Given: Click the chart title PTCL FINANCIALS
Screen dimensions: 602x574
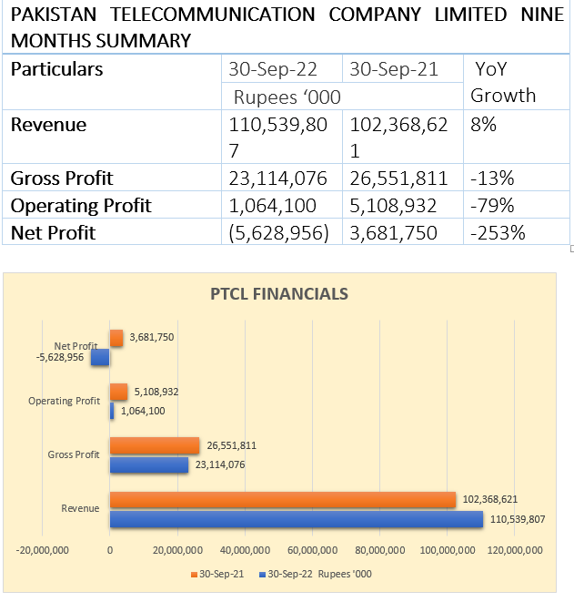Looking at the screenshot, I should pyautogui.click(x=279, y=294).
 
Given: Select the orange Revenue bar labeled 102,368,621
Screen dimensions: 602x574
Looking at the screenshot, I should pyautogui.click(x=282, y=500).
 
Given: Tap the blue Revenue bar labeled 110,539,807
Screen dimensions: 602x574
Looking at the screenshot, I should pyautogui.click(x=296, y=519).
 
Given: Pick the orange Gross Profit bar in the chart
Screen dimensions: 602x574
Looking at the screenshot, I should pyautogui.click(x=154, y=445).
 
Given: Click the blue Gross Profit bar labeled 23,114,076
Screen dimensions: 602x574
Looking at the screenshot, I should pyautogui.click(x=148, y=464).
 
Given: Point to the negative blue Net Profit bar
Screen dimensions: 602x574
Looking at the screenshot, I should pyautogui.click(x=100, y=357).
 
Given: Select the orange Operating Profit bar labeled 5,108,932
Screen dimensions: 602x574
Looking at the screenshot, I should pyautogui.click(x=118, y=392).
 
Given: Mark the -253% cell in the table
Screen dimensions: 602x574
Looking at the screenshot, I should pyautogui.click(x=498, y=233).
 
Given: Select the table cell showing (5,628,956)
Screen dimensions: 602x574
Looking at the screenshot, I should pyautogui.click(x=282, y=233).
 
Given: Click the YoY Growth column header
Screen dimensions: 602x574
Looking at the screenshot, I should pyautogui.click(x=503, y=82).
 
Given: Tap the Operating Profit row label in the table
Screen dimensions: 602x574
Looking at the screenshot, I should pyautogui.click(x=81, y=206).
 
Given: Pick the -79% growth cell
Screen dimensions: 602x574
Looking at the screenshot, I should pyautogui.click(x=493, y=206).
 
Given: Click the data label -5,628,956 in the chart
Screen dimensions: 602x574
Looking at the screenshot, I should pyautogui.click(x=60, y=357).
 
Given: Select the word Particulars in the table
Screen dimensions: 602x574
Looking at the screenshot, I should pyautogui.click(x=56, y=69).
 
